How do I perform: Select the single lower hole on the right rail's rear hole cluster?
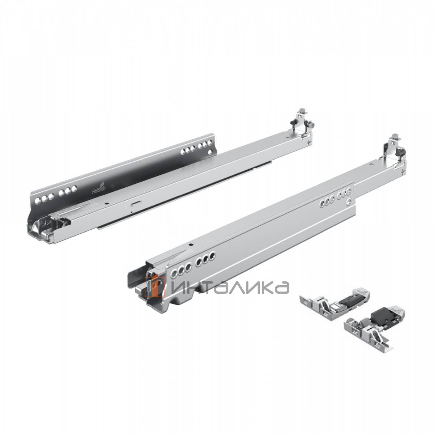[x=349, y=202]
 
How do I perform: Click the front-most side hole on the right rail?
[x=175, y=271]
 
